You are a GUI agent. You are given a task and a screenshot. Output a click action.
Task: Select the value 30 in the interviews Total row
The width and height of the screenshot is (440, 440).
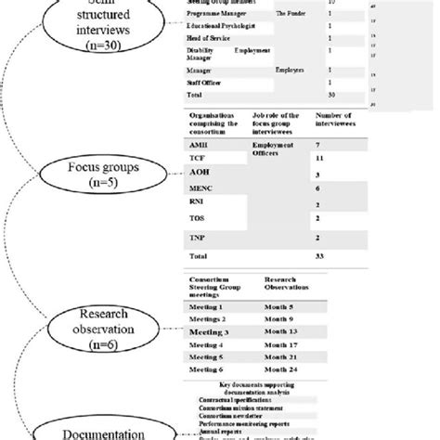click(332, 96)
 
